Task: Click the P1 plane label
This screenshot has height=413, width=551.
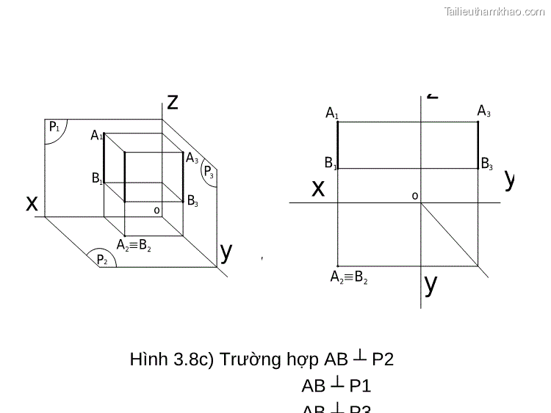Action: coord(54,128)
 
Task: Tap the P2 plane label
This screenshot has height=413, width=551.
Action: coord(102,260)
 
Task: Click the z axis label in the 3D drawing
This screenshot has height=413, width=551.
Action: coord(173,101)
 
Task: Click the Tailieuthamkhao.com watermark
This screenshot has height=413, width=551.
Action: coord(494,11)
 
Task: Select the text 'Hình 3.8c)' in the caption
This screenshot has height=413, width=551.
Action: coord(170,359)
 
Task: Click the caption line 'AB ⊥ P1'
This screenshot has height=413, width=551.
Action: coord(336,386)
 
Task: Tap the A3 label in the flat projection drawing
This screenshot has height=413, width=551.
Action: coord(483,112)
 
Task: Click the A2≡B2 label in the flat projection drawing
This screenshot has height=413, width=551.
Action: coord(349,277)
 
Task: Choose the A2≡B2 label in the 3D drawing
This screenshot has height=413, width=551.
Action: coord(134,246)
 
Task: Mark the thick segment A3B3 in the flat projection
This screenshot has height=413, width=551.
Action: coord(478,145)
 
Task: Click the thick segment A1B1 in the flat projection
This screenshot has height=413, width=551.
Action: coord(337,145)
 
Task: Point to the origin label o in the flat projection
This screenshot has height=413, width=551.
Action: coord(414,196)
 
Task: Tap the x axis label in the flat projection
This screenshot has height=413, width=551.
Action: coord(317,189)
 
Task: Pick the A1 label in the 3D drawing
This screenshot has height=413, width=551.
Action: coord(96,136)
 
